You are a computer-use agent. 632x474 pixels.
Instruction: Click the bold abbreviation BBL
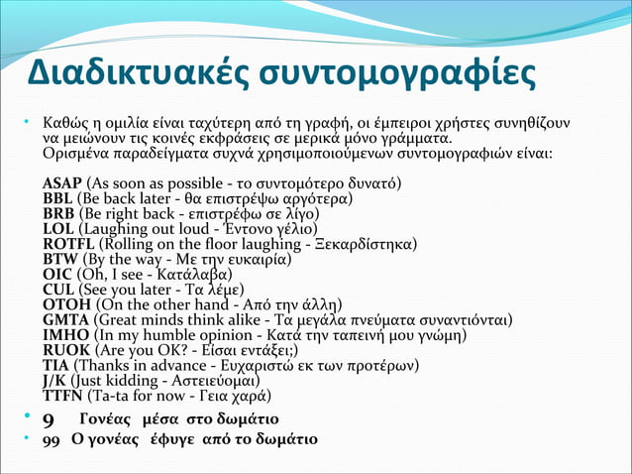point(58,199)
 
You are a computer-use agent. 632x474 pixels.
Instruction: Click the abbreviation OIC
point(57,274)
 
